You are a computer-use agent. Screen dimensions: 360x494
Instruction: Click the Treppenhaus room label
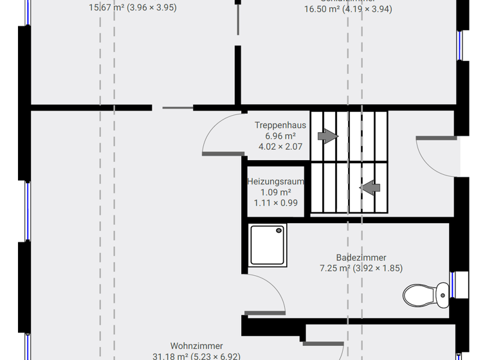click(280, 125)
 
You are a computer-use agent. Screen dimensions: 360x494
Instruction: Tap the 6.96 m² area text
click(280, 136)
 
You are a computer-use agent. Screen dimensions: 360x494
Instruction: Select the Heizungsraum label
click(275, 182)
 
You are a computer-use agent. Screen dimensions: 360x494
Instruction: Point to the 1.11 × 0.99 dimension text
click(275, 203)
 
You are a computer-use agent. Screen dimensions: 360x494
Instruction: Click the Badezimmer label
click(361, 258)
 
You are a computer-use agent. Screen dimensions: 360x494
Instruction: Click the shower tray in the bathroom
click(268, 245)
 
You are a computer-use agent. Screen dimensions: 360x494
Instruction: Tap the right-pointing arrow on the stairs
click(328, 136)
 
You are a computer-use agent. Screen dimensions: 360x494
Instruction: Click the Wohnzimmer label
click(196, 346)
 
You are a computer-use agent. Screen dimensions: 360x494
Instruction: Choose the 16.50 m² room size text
click(348, 9)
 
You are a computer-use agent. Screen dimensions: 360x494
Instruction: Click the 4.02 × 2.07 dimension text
click(280, 147)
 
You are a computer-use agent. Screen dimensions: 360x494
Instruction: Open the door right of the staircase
click(437, 154)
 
